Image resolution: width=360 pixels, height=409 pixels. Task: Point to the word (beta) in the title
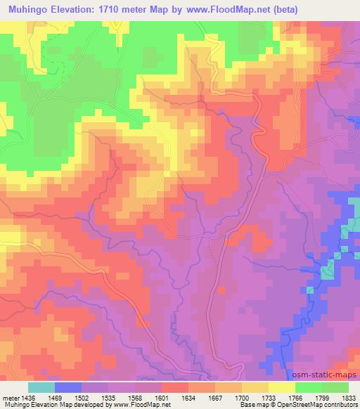point(283,9)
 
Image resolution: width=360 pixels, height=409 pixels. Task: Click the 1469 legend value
point(55,397)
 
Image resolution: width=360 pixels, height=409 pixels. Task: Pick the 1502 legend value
point(82,397)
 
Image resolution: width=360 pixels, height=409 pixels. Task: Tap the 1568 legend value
point(135,397)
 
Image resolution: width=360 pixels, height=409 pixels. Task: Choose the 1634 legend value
point(188,397)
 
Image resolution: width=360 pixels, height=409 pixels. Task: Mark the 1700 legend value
point(242,397)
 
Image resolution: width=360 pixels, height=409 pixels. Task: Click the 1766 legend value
point(295,397)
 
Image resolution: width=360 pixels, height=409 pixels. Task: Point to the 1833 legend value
point(349,397)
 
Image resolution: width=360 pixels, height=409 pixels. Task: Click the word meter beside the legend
point(8,397)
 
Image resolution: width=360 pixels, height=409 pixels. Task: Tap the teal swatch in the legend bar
point(41,387)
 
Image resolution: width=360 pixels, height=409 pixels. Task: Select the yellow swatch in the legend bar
point(282,387)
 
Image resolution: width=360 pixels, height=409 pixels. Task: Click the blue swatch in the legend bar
point(68,387)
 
